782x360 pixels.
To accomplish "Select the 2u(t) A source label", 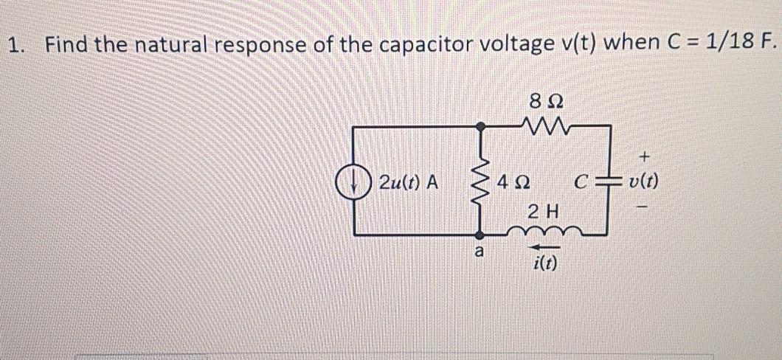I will pos(408,181).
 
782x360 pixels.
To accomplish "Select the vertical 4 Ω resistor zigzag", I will pos(482,181).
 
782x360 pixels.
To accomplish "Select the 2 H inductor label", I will pos(545,212).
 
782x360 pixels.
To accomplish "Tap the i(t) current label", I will pos(545,263).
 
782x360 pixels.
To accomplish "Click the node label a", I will pos(479,252).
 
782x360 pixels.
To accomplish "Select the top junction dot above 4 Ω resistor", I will pos(482,127).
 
